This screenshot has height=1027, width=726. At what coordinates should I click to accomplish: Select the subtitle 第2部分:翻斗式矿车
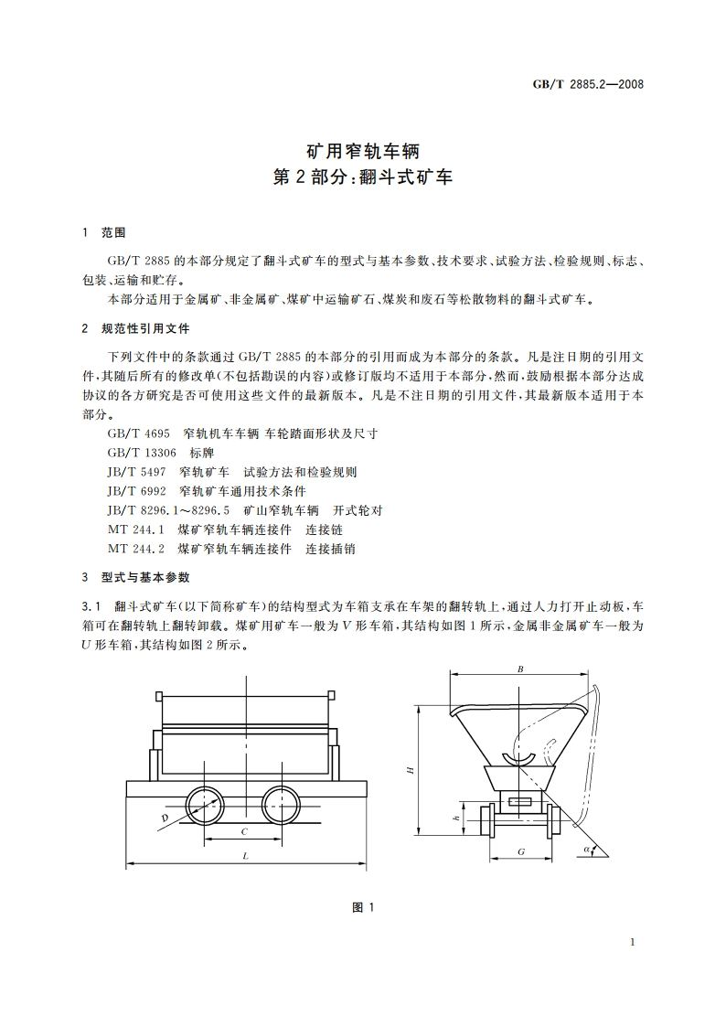[x=363, y=177]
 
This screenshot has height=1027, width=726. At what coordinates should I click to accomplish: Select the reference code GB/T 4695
[x=138, y=433]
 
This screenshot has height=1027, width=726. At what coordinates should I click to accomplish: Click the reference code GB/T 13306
[x=142, y=453]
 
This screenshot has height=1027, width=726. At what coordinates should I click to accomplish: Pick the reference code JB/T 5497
[x=135, y=472]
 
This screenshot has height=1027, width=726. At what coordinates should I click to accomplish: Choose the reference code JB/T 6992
[x=135, y=491]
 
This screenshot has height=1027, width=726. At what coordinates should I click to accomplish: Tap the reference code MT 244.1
[x=134, y=530]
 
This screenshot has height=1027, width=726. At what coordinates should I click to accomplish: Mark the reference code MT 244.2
[x=134, y=549]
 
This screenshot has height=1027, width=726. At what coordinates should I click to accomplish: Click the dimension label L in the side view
[x=247, y=855]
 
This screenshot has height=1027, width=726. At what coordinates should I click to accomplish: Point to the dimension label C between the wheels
[x=243, y=831]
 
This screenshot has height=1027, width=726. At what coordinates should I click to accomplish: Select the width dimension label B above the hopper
[x=519, y=669]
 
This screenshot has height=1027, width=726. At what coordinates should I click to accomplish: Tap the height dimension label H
[x=411, y=770]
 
